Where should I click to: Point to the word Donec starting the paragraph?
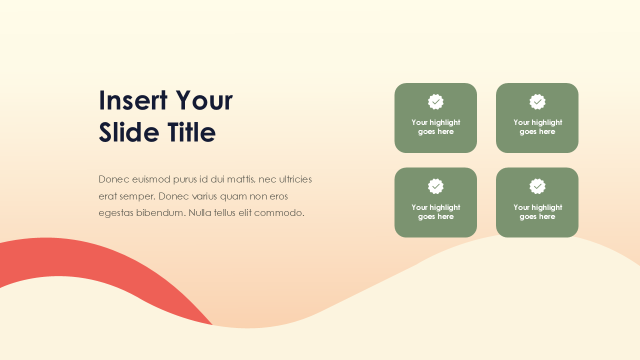pyautogui.click(x=114, y=179)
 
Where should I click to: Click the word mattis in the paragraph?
pyautogui.click(x=238, y=179)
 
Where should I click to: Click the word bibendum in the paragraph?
pyautogui.click(x=160, y=212)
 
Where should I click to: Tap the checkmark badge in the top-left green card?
pyautogui.click(x=436, y=102)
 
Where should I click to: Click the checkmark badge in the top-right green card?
pyautogui.click(x=537, y=102)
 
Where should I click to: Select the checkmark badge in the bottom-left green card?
pyautogui.click(x=436, y=186)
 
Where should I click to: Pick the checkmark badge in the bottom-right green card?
pyautogui.click(x=537, y=186)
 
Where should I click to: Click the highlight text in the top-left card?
pyautogui.click(x=436, y=127)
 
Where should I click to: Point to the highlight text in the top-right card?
pyautogui.click(x=537, y=127)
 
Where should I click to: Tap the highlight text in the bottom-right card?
pyautogui.click(x=537, y=212)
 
